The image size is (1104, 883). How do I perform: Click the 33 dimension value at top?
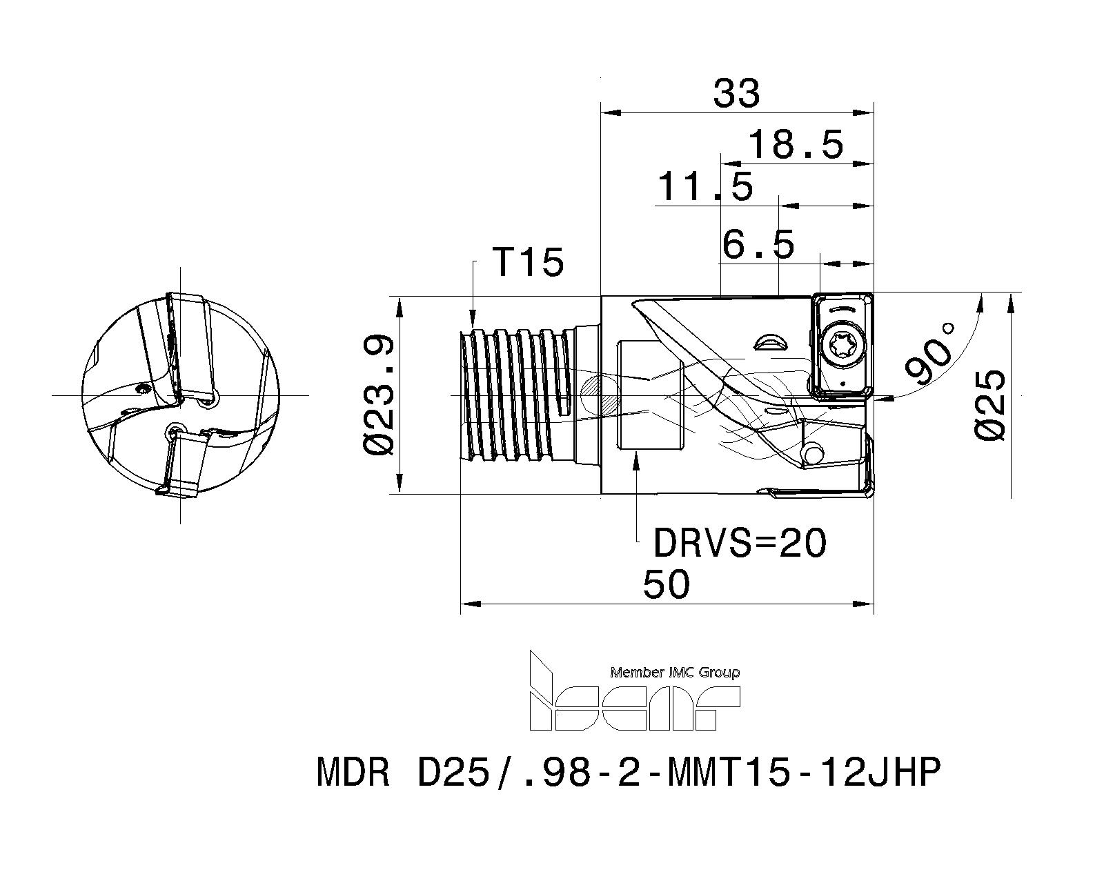point(736,94)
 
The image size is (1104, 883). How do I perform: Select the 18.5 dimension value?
point(796,145)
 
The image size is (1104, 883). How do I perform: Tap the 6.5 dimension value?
point(758,244)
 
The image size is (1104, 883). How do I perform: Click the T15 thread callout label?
point(528,263)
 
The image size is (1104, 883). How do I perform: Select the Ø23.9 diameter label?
point(379,395)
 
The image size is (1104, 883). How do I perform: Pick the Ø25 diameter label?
point(991,404)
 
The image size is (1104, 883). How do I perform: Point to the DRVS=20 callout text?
point(739,544)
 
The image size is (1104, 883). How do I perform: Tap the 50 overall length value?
point(666,585)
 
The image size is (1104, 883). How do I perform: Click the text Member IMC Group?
point(675,672)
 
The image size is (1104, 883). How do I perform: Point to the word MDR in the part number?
point(353,773)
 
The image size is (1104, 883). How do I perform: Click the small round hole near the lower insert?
point(814,455)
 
